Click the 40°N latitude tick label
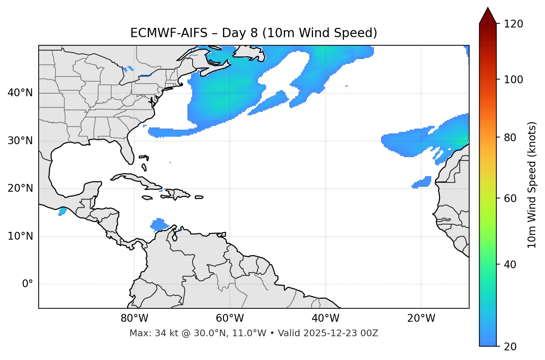[x=20, y=93]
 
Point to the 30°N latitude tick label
[x=20, y=141]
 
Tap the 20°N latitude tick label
[x=20, y=188]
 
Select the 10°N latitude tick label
[x=20, y=236]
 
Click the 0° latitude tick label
[x=28, y=284]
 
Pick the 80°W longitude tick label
[x=134, y=318]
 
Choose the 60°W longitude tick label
[x=230, y=318]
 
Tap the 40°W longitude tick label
[x=325, y=318]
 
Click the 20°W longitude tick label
[x=421, y=318]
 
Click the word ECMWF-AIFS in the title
[x=169, y=33]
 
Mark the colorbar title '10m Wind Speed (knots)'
[x=532, y=185]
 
